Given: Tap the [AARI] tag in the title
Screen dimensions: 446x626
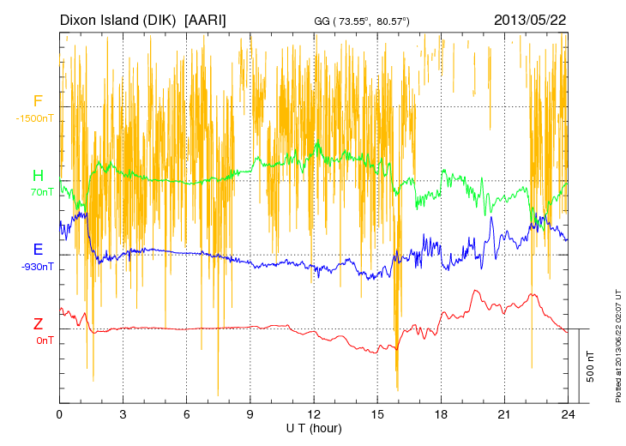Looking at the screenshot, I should [206, 19].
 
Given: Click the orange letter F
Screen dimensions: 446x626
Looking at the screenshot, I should [38, 102].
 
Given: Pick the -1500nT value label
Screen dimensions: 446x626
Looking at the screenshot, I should [34, 118].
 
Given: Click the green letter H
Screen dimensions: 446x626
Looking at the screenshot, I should [38, 177].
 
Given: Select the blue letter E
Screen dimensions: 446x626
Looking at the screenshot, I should [38, 250].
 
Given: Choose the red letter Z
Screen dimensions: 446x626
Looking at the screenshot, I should [38, 324].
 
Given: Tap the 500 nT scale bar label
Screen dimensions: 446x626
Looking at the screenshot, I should [591, 366].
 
